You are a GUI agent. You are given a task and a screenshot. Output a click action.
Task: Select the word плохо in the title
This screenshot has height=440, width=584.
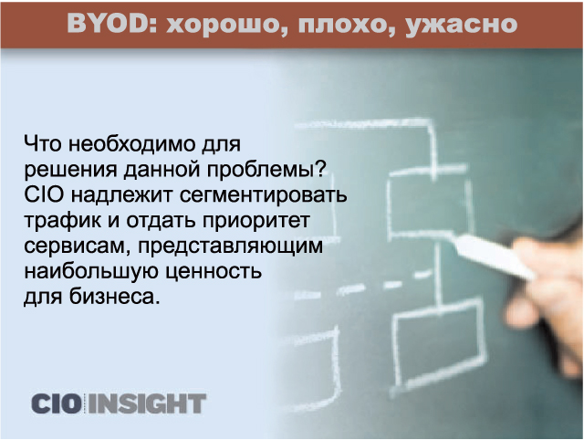[x=346, y=26]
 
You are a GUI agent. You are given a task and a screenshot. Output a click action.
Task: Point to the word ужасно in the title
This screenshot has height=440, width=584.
[x=461, y=26]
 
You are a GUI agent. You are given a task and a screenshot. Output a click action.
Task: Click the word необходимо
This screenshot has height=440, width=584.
[x=131, y=144]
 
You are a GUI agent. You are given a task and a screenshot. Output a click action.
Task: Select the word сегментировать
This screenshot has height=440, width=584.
[x=264, y=195]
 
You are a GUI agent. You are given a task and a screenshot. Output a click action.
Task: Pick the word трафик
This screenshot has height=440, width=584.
[x=63, y=221]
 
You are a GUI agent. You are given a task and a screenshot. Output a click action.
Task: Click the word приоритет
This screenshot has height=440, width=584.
[x=256, y=221]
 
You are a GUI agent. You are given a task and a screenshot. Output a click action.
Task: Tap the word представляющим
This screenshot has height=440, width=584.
[x=231, y=246]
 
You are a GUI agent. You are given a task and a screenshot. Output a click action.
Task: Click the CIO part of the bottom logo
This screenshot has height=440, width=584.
[x=56, y=403]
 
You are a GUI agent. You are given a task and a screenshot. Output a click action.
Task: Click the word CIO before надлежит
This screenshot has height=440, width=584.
[x=43, y=195]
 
